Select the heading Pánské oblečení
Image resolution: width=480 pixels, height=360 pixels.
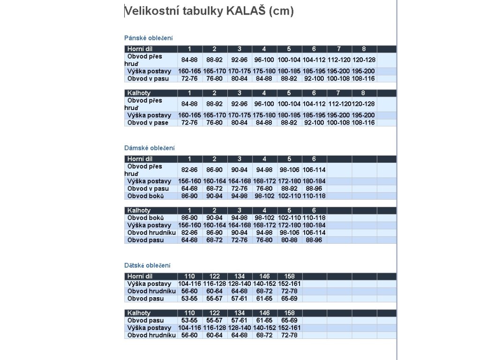click(149, 38)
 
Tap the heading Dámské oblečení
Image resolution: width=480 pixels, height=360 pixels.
click(150, 148)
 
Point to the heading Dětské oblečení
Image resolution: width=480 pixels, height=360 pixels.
click(148, 265)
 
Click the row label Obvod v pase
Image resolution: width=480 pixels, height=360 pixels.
click(148, 123)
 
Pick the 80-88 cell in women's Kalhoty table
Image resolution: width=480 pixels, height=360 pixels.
click(289, 240)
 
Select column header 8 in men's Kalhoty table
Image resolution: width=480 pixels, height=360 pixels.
click(364, 93)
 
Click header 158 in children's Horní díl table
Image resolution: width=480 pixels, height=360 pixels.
click(289, 276)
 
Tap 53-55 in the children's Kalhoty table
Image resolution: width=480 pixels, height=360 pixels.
click(189, 321)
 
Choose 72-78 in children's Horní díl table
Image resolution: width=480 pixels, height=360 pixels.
click(289, 291)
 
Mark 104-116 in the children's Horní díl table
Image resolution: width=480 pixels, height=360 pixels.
click(189, 284)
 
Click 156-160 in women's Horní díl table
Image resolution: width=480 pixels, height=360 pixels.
click(189, 181)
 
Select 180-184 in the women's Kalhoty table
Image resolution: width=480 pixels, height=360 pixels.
click(314, 225)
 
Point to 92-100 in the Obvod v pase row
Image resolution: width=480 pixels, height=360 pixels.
click(314, 123)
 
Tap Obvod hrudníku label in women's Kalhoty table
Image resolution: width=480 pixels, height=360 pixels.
click(151, 232)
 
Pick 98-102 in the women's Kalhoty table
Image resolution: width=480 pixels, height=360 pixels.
click(264, 218)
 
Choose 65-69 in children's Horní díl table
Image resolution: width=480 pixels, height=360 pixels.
click(289, 299)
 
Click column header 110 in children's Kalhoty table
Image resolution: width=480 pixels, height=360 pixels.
click(189, 313)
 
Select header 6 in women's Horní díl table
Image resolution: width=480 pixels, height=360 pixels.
click(314, 159)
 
